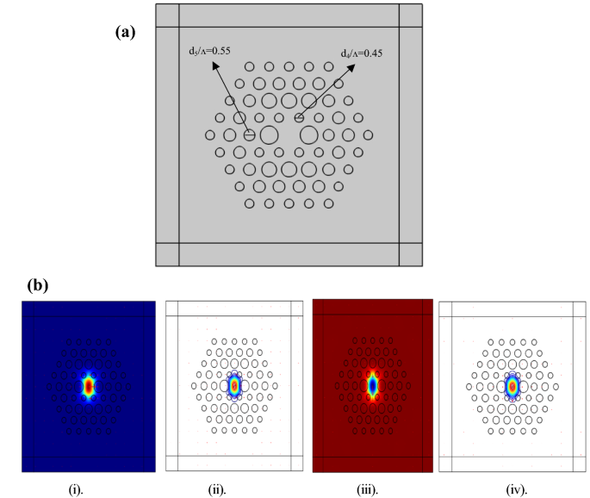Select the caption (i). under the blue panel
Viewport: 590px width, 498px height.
coord(77,489)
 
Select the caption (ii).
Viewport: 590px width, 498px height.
coord(214,489)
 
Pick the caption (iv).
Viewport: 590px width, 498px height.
coord(513,489)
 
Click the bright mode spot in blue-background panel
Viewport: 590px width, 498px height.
coord(88,387)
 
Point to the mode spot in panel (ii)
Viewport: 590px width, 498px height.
coord(233,386)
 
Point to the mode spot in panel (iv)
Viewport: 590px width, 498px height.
coord(512,387)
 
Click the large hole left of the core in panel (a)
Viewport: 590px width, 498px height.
coord(269,135)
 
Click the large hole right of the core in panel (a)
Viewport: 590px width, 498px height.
coord(309,135)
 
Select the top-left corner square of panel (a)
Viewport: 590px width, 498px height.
coord(167,16)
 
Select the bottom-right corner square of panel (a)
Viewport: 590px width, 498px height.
coord(411,254)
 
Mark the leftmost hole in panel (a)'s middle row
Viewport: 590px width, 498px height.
coord(210,135)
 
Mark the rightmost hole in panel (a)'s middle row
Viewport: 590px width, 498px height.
coord(369,135)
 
